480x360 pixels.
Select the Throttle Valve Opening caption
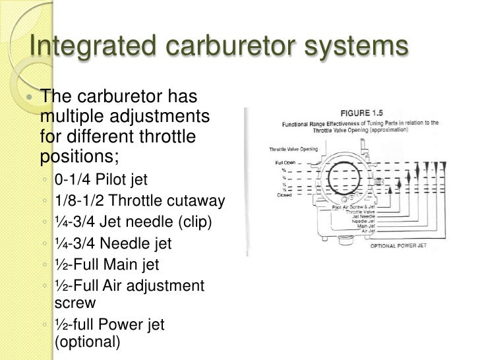(293, 149)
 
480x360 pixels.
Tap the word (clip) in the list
(191, 222)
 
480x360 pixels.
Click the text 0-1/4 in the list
(73, 180)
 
